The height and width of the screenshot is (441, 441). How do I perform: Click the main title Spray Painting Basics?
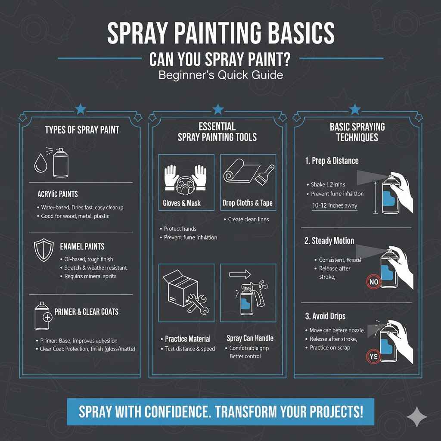[x=220, y=33]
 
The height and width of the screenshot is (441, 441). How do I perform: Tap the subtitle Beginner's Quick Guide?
[x=220, y=75]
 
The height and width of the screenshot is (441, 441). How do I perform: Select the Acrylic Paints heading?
[x=57, y=194]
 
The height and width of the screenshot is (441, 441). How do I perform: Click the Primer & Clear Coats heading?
[x=87, y=311]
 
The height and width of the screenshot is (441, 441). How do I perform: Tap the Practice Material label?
[x=187, y=339]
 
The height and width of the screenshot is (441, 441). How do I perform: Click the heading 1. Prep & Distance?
[x=332, y=161]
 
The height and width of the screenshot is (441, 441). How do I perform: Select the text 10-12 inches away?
[x=335, y=205]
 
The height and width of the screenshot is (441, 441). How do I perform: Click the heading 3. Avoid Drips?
[x=325, y=316]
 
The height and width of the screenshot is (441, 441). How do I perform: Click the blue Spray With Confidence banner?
[x=220, y=412]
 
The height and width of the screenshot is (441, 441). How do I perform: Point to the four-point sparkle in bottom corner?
[x=417, y=416]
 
